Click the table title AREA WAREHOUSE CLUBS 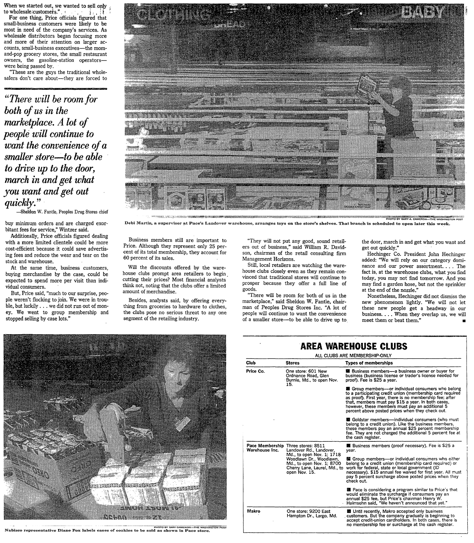354,346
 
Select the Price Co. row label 255,371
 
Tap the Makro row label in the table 253,511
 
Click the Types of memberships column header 369,363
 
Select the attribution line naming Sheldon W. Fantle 63,211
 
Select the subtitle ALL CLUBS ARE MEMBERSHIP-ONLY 353,355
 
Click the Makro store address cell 311,513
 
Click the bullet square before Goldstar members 348,419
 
